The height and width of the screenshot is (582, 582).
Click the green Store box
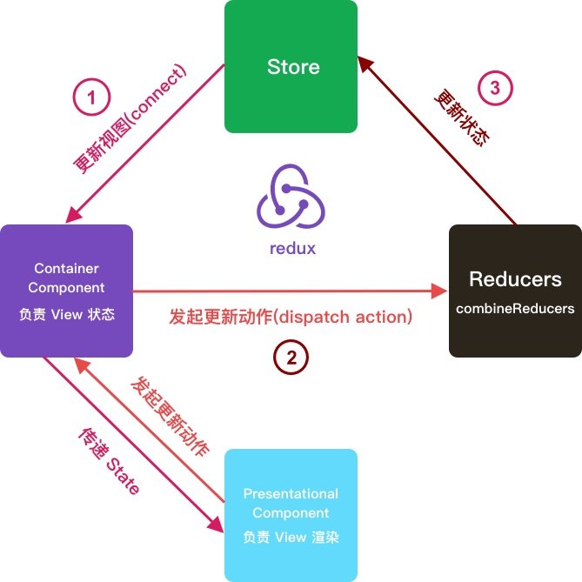pos(291,66)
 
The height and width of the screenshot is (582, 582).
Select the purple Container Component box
pos(66,291)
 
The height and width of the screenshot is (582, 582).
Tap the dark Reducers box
pos(515,291)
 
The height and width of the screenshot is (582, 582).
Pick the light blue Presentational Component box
pos(291,515)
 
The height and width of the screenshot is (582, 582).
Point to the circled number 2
pos(291,355)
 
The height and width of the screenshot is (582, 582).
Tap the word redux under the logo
pos(292,248)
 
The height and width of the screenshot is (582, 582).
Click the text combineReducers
pos(515,309)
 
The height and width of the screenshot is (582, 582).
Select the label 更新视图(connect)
pos(130,117)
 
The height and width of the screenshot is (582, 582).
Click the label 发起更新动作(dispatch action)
pos(290,317)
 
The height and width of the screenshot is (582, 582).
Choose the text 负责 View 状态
pos(66,315)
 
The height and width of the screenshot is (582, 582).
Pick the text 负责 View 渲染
pos(291,537)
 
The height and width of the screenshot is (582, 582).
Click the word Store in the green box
pos(292,67)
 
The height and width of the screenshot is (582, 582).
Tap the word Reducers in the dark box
pos(515,279)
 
